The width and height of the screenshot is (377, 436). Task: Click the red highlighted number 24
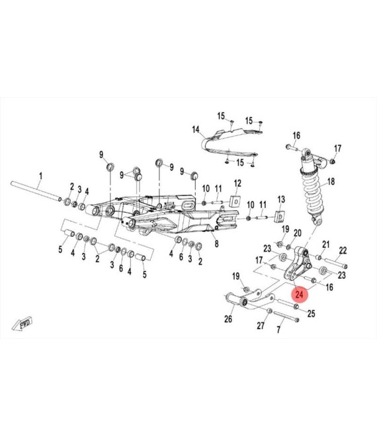[x=299, y=294]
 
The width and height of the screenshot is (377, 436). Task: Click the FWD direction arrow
[x=22, y=324]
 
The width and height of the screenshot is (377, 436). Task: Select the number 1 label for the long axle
[x=41, y=176]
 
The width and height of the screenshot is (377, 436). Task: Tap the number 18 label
[x=331, y=182]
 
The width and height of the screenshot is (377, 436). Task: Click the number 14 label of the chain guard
[x=196, y=129]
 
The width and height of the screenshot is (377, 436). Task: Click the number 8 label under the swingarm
[x=216, y=244]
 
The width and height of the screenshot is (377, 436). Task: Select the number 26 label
[x=228, y=319]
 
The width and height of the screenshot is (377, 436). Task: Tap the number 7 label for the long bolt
[x=278, y=330]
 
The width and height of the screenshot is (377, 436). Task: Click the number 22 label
[x=343, y=250]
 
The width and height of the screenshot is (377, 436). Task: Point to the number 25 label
[x=311, y=314]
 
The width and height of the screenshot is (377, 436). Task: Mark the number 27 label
[x=261, y=326]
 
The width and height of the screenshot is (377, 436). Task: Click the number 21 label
[x=326, y=244]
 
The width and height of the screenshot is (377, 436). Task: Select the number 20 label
[x=298, y=233]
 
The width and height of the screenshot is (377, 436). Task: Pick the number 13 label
[x=281, y=200]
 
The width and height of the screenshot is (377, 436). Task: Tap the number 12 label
[x=237, y=184]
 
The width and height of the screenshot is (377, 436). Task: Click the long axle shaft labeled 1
[x=36, y=190]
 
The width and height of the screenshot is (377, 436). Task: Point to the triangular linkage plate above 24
[x=297, y=264]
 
